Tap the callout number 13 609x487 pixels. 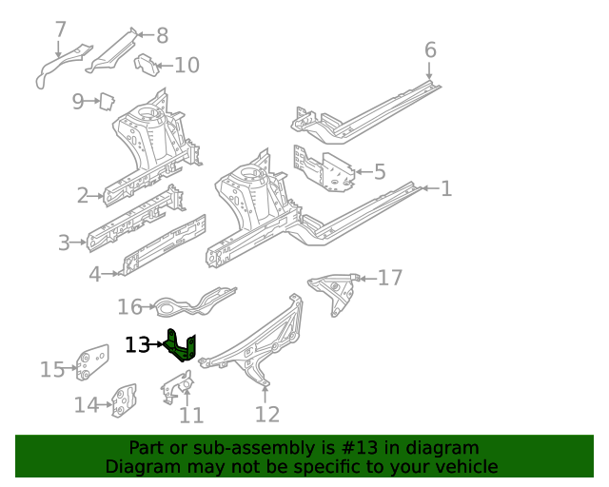(x=137, y=345)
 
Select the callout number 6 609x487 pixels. (x=430, y=50)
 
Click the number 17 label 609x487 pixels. (x=390, y=278)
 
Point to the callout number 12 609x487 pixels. (x=267, y=414)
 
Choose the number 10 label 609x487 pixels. (x=187, y=65)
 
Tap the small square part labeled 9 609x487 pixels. (x=108, y=99)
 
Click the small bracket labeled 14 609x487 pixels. (x=124, y=400)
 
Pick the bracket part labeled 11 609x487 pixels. (x=174, y=386)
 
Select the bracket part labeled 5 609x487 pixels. (x=324, y=169)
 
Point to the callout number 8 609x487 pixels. (x=162, y=36)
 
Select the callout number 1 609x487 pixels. (x=445, y=188)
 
